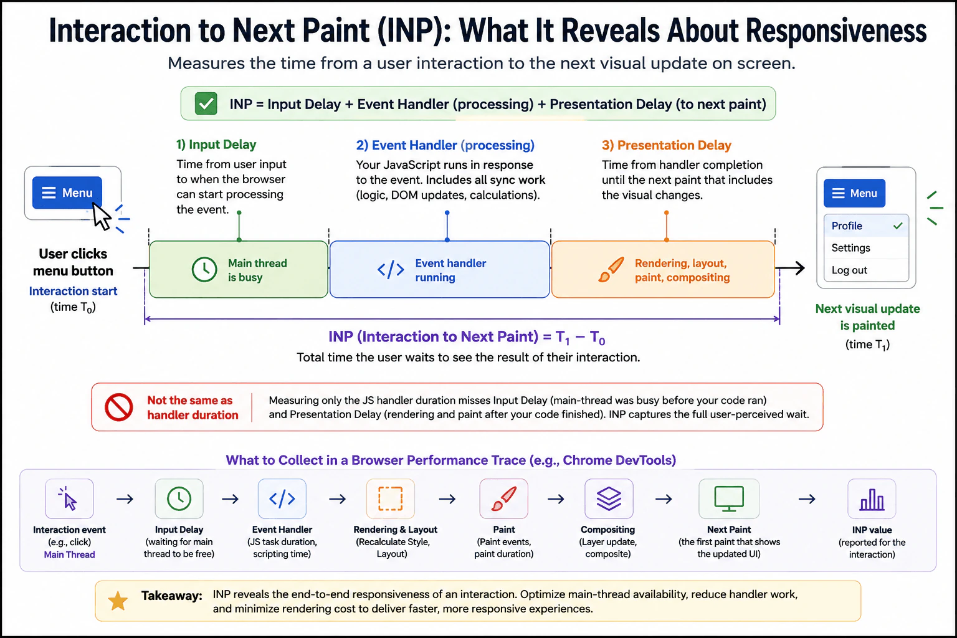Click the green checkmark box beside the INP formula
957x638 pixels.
tap(206, 104)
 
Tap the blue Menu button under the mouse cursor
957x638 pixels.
tap(67, 193)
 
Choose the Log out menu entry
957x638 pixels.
tap(849, 270)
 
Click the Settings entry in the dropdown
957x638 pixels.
tap(850, 248)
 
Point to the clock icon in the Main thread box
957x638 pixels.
tap(204, 269)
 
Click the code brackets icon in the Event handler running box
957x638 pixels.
tap(391, 270)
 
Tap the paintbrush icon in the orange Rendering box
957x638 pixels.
tap(611, 270)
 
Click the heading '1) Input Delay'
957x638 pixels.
tap(216, 145)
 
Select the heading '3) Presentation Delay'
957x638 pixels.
tap(667, 145)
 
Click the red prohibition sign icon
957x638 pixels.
tap(119, 407)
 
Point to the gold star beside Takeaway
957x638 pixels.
tap(118, 601)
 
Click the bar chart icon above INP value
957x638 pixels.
tap(872, 499)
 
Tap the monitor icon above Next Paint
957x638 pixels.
tap(729, 498)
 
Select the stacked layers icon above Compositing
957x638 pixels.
tap(609, 498)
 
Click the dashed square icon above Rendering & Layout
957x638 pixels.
tap(391, 498)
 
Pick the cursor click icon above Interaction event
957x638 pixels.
tap(69, 498)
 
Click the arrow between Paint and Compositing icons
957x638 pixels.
tap(556, 498)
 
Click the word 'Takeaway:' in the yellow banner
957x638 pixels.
tap(172, 596)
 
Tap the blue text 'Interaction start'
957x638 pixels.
tap(73, 291)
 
